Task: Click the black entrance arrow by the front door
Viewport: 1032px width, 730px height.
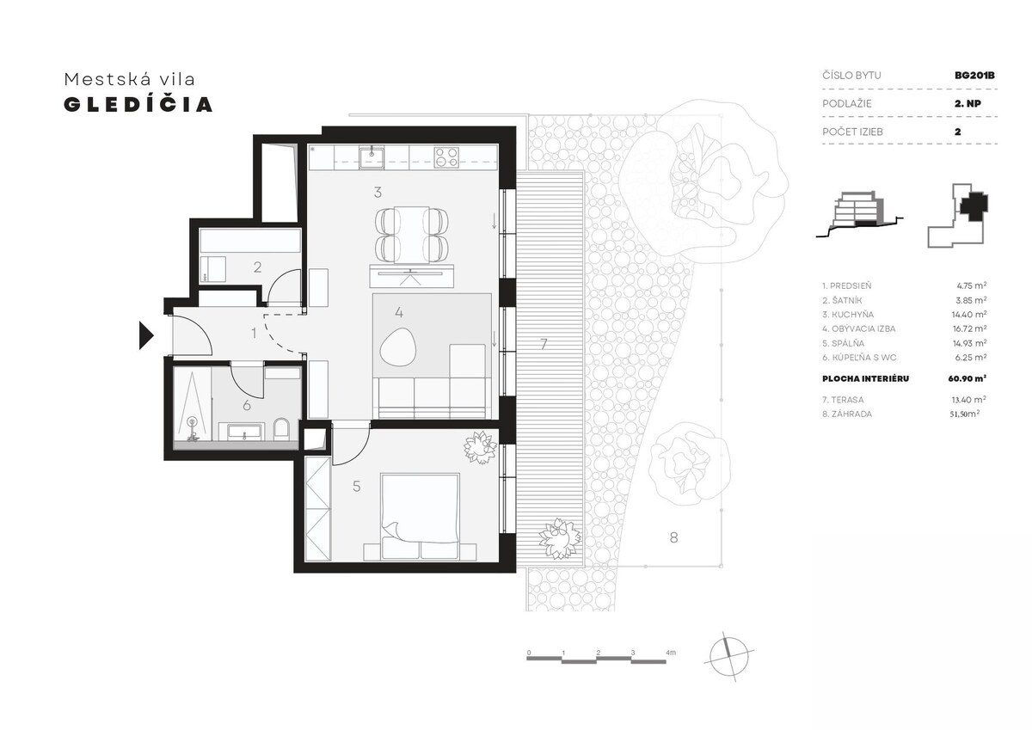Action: pyautogui.click(x=146, y=335)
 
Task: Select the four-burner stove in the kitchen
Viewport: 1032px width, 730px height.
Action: pyautogui.click(x=446, y=156)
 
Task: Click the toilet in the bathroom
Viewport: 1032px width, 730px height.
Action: pyautogui.click(x=280, y=428)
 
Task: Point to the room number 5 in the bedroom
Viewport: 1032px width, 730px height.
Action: pyautogui.click(x=357, y=487)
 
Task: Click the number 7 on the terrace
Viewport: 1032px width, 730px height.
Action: pyautogui.click(x=544, y=344)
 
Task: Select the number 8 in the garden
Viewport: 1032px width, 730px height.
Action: pyautogui.click(x=673, y=537)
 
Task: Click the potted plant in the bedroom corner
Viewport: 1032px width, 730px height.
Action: pyautogui.click(x=481, y=447)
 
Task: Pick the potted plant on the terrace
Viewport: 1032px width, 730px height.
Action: pyautogui.click(x=560, y=538)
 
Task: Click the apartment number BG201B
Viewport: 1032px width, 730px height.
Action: pyautogui.click(x=974, y=76)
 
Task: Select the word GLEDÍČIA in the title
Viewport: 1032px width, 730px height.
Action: pyautogui.click(x=138, y=105)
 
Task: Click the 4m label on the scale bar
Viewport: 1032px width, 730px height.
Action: pyautogui.click(x=670, y=652)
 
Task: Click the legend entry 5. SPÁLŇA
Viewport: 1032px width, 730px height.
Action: pyautogui.click(x=843, y=343)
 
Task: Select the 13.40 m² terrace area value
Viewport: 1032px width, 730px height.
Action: pyautogui.click(x=969, y=399)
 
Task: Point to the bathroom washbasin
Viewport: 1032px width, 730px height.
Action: pyautogui.click(x=244, y=432)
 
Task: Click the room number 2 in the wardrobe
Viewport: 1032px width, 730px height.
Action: pyautogui.click(x=257, y=267)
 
